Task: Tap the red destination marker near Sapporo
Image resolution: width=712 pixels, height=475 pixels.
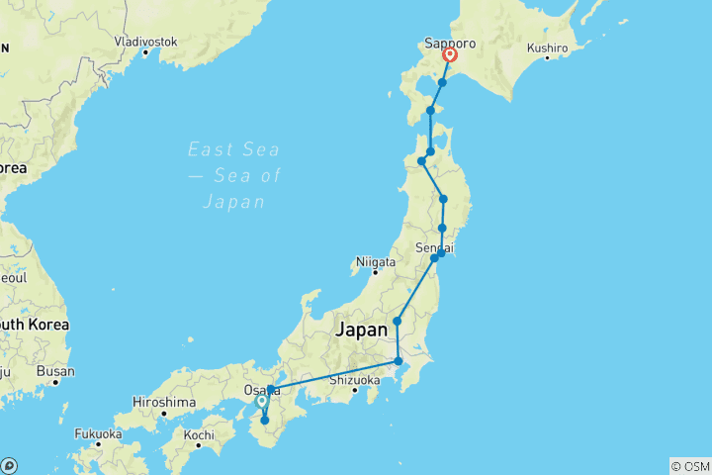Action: [450, 56]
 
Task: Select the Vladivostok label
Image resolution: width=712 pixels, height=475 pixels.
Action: [146, 42]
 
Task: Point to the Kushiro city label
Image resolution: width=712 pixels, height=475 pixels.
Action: [547, 47]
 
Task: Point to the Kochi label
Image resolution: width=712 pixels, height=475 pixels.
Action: [198, 434]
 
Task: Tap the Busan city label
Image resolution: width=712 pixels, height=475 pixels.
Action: [54, 372]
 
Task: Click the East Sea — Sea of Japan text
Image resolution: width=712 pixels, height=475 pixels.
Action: [234, 175]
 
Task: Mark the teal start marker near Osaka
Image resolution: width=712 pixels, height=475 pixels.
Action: [261, 401]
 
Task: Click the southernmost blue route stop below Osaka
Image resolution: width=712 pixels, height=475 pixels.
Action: [264, 421]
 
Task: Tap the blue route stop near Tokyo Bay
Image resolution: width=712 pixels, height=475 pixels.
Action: [398, 361]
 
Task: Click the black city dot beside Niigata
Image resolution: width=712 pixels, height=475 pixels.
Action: [354, 262]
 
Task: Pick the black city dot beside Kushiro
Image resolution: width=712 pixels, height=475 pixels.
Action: [522, 47]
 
